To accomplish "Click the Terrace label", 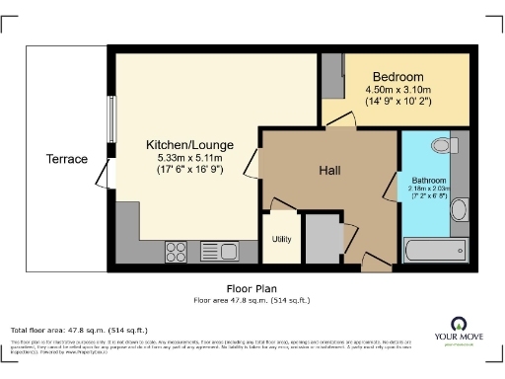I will [67, 159].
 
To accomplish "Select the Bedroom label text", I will [397, 77].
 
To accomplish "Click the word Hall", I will [329, 171].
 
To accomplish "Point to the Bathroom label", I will [429, 182].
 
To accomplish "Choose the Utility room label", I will [280, 239].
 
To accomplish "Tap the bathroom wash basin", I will [458, 210].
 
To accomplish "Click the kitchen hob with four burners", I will [178, 251].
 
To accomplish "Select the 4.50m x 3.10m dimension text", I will [397, 91].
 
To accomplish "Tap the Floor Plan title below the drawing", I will [252, 289].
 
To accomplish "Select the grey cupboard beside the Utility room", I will [320, 237].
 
